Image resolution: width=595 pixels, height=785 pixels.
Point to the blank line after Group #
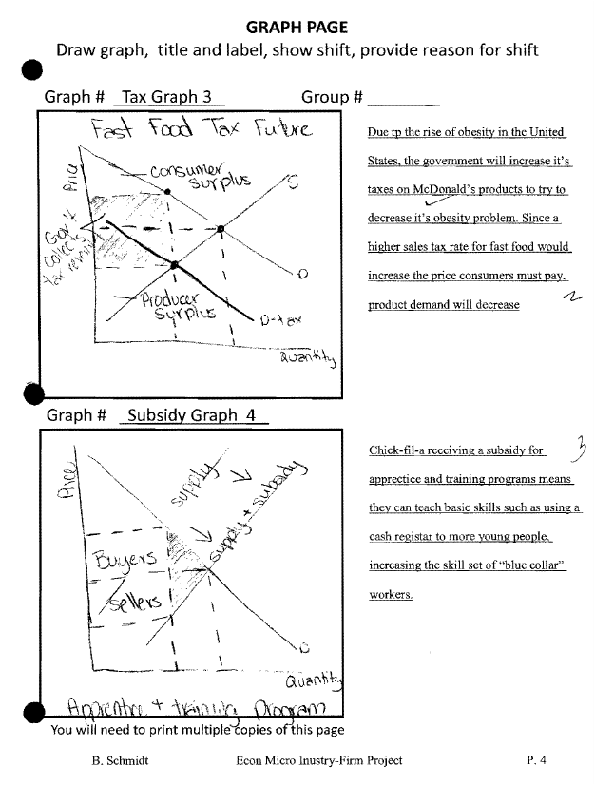point(403,99)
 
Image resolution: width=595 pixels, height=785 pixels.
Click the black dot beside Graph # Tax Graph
point(32,72)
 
